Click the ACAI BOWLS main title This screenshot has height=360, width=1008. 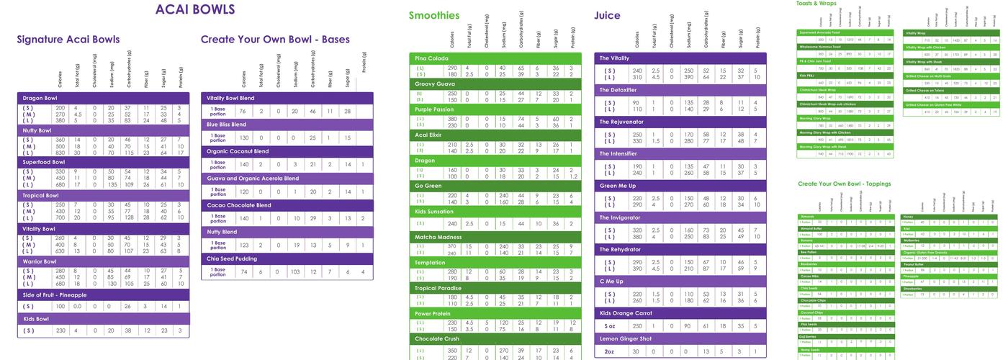[194, 9]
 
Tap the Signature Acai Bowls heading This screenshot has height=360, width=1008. [68, 40]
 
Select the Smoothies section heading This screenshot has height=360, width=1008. [433, 15]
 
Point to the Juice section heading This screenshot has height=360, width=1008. [607, 15]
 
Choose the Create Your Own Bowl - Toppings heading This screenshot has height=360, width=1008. [844, 184]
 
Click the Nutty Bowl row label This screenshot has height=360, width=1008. [37, 130]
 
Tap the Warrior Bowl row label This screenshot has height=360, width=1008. [39, 261]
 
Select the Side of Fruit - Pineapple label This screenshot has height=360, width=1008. [55, 295]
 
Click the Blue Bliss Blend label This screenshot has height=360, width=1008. [227, 125]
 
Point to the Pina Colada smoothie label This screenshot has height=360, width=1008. [432, 58]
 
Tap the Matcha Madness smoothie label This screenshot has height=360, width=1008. [438, 237]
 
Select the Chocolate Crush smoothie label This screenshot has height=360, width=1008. [437, 338]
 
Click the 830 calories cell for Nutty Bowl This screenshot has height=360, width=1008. [60, 153]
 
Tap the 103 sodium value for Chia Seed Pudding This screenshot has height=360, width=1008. [295, 272]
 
